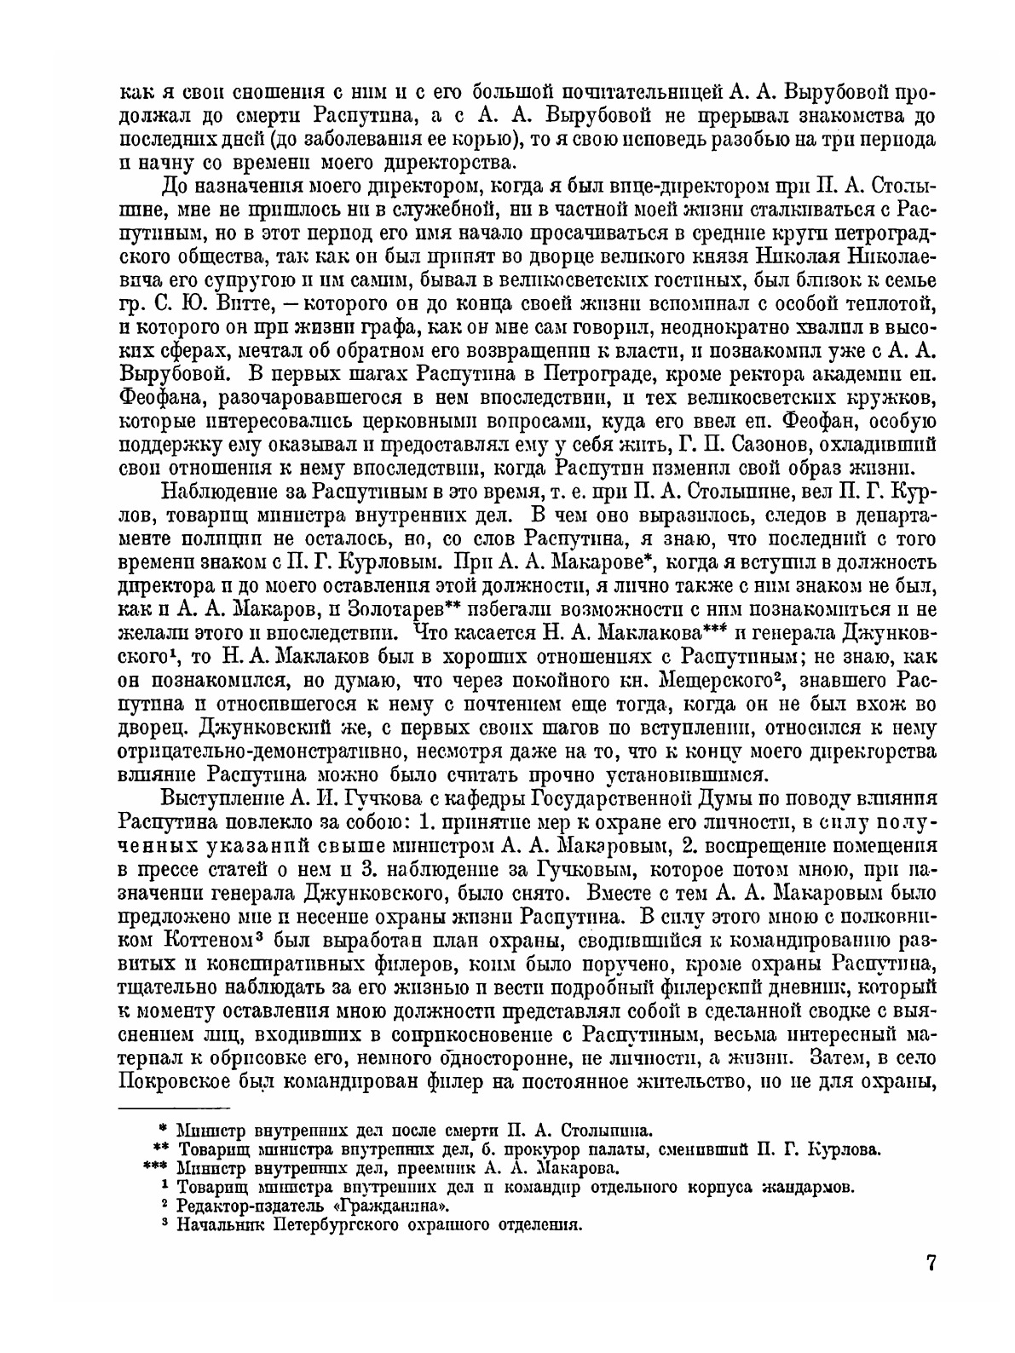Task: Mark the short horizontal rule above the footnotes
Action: click(x=174, y=1108)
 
